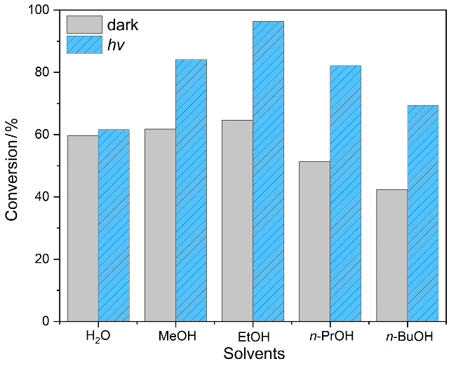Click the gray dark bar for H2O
[83, 229]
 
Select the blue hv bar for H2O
[114, 225]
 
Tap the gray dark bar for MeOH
[160, 225]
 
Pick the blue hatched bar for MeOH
[191, 191]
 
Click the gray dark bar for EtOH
[237, 221]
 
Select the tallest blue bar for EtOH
[269, 171]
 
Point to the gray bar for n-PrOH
[315, 242]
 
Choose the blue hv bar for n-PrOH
[345, 194]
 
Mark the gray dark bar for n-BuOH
[391, 255]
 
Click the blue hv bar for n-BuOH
[423, 213]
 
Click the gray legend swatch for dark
[85, 25]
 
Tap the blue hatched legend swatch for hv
[85, 45]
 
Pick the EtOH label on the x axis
[253, 337]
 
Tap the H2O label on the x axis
[98, 337]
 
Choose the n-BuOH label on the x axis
[410, 337]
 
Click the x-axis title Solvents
[254, 354]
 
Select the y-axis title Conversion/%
[12, 170]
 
